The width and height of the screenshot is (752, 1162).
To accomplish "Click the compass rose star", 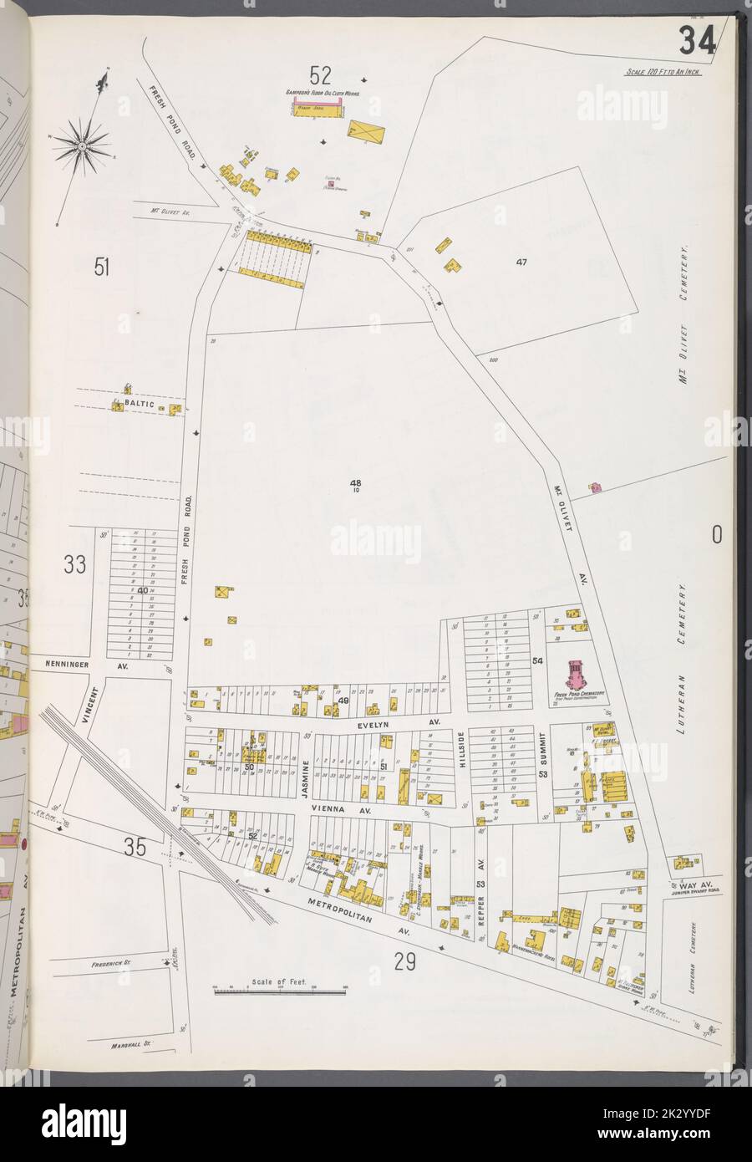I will pos(84,147).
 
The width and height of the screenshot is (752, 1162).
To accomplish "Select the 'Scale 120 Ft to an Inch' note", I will pos(663,73).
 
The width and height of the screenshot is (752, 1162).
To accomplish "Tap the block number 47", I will pos(521,262).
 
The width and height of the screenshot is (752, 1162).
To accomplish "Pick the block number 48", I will pos(355,482).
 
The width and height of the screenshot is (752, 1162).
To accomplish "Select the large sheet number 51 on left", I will pos(102,268).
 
